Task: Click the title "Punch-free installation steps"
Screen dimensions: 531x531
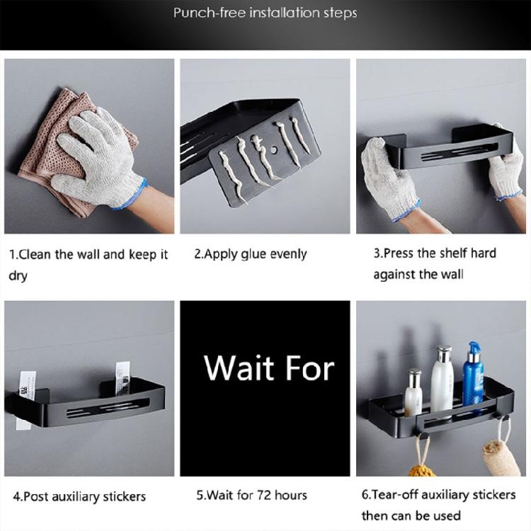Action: (265, 13)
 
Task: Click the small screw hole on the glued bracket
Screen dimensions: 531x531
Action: (270, 152)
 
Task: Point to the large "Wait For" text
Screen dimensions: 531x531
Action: (268, 368)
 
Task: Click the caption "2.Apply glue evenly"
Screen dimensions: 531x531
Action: (251, 254)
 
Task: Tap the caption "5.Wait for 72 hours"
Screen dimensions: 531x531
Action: (251, 495)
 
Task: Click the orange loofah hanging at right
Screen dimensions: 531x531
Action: (501, 457)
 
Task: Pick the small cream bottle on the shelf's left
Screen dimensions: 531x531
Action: (413, 393)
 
